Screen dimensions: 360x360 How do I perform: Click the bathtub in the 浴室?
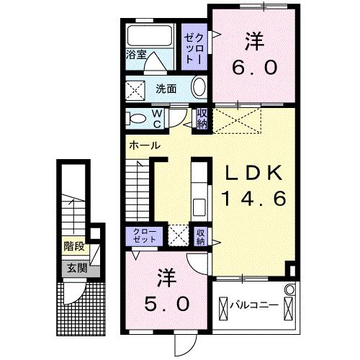150,36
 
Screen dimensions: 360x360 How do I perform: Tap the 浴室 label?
136,55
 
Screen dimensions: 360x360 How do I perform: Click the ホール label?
145,145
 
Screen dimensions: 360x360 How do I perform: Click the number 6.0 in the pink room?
254,67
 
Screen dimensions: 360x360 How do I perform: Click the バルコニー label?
254,305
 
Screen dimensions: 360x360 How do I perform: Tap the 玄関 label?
77,268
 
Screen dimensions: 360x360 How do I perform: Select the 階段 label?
74,246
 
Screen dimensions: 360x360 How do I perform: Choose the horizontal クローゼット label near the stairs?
145,235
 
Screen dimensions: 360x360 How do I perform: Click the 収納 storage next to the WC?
202,120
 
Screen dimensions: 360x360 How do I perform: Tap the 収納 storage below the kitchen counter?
201,237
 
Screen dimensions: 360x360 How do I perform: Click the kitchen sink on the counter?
199,207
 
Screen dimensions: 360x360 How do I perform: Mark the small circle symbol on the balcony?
290,289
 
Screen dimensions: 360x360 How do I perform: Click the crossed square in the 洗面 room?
135,91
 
